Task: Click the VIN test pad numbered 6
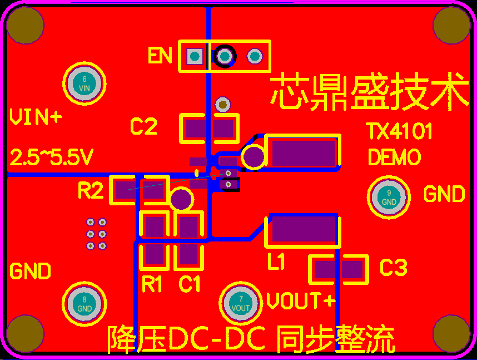pos(84,83)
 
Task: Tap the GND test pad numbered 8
pos(84,304)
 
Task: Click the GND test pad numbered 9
pos(389,196)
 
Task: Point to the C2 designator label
pos(143,127)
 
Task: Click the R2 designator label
pos(91,191)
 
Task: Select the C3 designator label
pos(394,268)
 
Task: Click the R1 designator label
pos(152,284)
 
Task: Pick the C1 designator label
pos(190,284)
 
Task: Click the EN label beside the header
pos(160,56)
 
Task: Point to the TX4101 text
pos(399,132)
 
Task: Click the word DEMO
pos(395,157)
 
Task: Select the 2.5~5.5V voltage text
pos(51,158)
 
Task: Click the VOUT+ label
pos(301,302)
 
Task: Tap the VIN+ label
pos(36,117)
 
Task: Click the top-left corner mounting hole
pos(24,25)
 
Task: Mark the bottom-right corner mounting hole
pos(452,334)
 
